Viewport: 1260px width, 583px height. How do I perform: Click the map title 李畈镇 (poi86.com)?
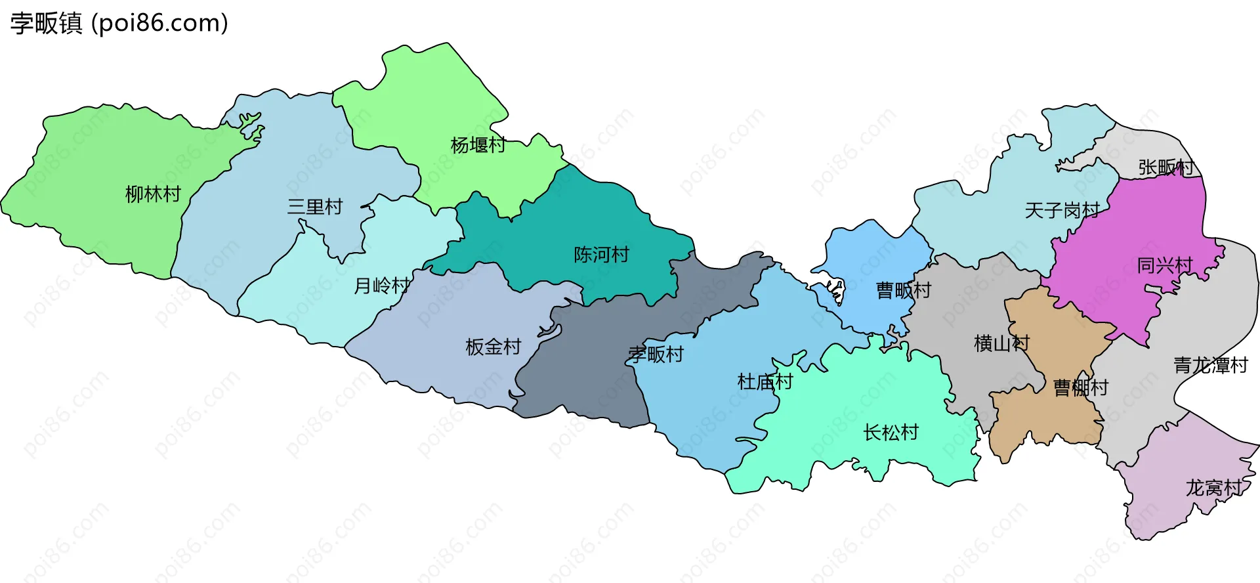click(x=119, y=23)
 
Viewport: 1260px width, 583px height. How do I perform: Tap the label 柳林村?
click(x=153, y=194)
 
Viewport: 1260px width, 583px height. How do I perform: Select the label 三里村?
click(x=315, y=207)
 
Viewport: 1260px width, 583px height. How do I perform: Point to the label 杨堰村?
click(x=478, y=145)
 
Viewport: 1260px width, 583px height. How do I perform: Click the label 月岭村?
click(x=382, y=286)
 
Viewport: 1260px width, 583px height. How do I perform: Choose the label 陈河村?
click(x=601, y=255)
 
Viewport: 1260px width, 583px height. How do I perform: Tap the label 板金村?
click(x=493, y=347)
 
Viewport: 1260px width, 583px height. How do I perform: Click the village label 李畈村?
click(x=656, y=355)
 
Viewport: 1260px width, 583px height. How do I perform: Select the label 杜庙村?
click(x=765, y=381)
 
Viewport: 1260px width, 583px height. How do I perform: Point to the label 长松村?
click(x=891, y=433)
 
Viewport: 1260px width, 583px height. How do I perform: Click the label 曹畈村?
click(x=904, y=290)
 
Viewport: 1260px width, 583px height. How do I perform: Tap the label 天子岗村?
click(x=1062, y=211)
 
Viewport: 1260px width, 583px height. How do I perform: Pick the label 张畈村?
click(x=1166, y=167)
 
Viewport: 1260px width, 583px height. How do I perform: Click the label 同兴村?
click(x=1165, y=265)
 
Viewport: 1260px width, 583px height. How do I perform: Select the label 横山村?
click(x=1001, y=343)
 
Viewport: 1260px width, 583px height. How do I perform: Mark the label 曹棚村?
click(x=1080, y=388)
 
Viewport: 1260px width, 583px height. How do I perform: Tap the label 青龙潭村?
click(x=1211, y=366)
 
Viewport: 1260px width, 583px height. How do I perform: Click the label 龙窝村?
click(x=1213, y=488)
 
